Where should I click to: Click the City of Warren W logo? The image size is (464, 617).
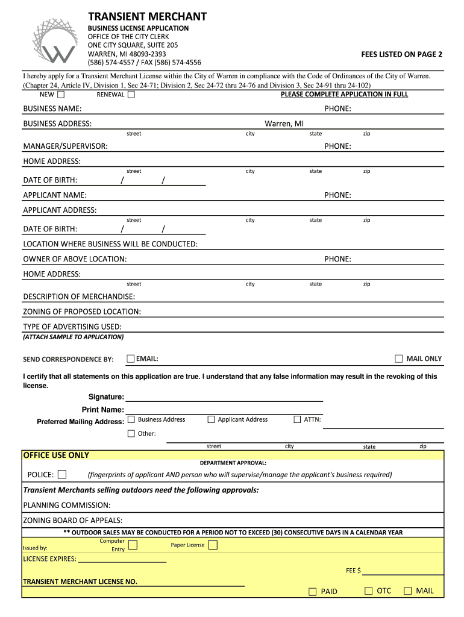tap(55, 41)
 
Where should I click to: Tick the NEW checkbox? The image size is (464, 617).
tap(61, 94)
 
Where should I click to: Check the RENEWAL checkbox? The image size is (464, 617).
tap(131, 94)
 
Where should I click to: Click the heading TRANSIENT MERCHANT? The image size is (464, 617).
tap(148, 16)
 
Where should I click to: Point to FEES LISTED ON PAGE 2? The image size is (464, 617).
tap(402, 54)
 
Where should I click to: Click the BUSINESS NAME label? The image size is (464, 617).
tap(52, 108)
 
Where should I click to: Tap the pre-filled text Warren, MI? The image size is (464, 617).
tap(284, 124)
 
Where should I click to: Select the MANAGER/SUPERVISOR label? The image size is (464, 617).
tap(66, 146)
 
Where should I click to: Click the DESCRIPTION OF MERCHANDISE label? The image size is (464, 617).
tap(79, 296)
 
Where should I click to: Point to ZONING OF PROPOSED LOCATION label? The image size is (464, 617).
tap(82, 312)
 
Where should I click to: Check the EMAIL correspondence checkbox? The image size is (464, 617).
tap(131, 359)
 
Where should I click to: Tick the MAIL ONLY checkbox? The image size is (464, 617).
tap(398, 359)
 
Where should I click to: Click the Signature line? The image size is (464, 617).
tap(224, 397)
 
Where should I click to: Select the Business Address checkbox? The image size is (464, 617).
tap(131, 419)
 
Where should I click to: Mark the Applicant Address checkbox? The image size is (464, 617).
tap(211, 419)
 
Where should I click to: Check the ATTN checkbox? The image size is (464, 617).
tap(296, 419)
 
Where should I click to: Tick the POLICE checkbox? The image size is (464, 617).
tap(62, 474)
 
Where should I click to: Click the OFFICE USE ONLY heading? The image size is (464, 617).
tap(56, 455)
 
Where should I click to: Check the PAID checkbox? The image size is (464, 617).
tap(312, 592)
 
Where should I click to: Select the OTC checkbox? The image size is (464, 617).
tap(368, 591)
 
